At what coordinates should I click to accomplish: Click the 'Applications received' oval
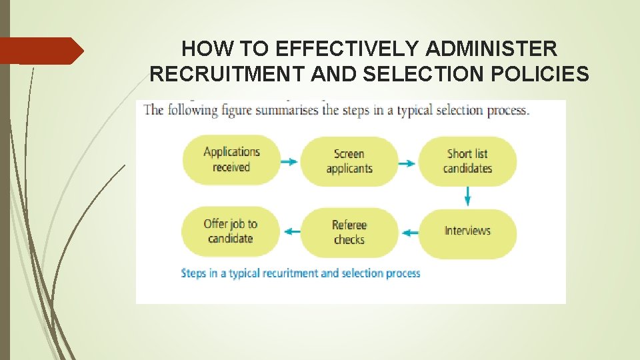click(x=231, y=160)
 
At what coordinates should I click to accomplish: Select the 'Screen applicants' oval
click(x=349, y=161)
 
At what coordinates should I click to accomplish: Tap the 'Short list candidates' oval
click(x=467, y=161)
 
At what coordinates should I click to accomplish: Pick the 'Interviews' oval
click(x=467, y=231)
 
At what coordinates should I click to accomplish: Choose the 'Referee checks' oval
click(x=349, y=232)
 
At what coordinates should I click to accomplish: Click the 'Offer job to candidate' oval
click(x=231, y=231)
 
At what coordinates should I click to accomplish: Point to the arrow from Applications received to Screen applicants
click(x=289, y=162)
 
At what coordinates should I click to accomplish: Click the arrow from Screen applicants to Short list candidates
click(x=407, y=162)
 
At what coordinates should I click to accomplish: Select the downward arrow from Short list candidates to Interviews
click(x=467, y=195)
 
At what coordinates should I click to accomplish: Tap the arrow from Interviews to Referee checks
click(x=409, y=233)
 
